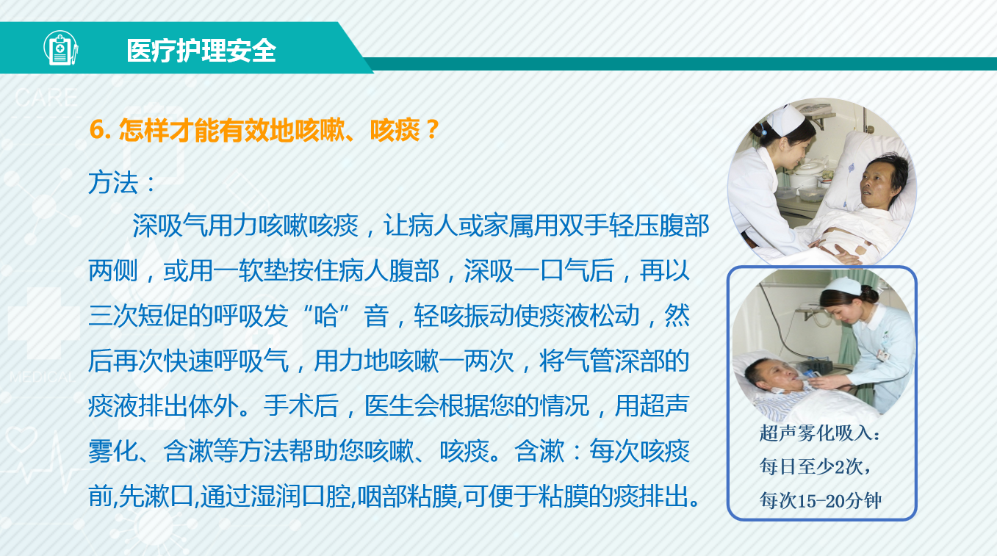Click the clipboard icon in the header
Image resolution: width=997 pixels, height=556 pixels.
tap(60, 48)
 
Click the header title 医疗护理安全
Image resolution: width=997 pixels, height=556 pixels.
tap(201, 50)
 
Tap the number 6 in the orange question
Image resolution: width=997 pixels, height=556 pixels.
tap(96, 130)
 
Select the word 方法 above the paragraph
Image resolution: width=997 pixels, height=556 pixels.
tap(113, 183)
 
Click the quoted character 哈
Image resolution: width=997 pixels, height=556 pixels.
tap(325, 317)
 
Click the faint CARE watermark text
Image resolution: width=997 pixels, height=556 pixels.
tap(46, 98)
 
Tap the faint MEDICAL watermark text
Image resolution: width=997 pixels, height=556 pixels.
tap(43, 378)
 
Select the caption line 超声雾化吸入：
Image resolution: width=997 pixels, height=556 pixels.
tap(820, 433)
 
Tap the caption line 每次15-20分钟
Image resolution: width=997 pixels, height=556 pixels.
tap(820, 500)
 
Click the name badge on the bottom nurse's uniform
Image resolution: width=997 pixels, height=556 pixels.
tap(883, 355)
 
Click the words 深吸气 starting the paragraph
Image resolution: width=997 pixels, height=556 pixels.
tap(170, 226)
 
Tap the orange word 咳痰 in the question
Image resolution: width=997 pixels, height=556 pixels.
tap(395, 130)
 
